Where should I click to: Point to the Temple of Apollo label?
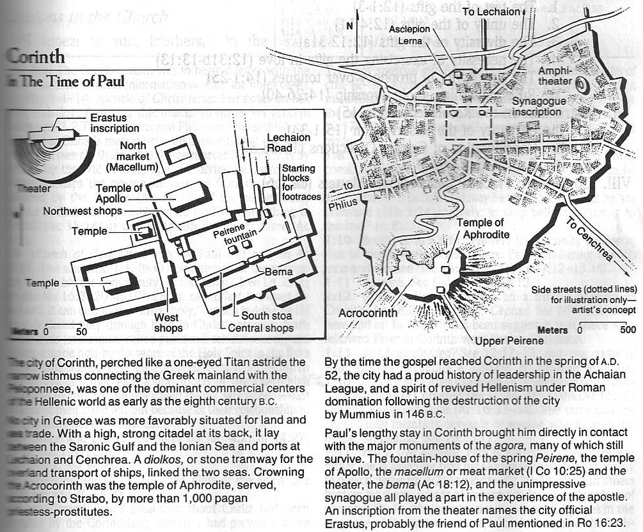(x=120, y=192)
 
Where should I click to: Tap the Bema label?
(x=280, y=272)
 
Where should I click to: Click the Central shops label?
(x=261, y=329)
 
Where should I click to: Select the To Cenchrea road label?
(x=602, y=246)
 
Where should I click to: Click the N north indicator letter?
(x=349, y=26)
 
